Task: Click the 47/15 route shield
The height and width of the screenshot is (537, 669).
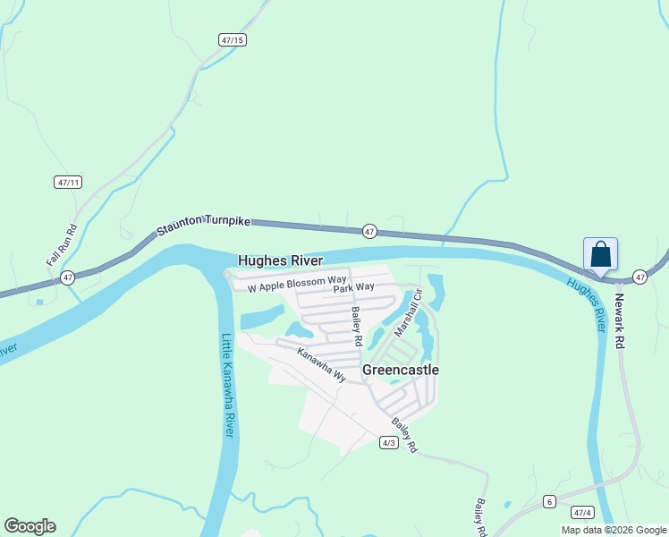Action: coord(232,40)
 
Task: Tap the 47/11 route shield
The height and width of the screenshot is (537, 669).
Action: coord(67,182)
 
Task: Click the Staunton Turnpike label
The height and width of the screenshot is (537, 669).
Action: coord(203,225)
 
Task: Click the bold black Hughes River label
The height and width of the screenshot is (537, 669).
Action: coord(280,260)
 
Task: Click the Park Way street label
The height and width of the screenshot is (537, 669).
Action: coord(353,288)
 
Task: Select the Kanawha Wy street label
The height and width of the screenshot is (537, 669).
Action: coord(321,364)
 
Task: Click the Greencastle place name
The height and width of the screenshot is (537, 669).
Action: coord(401,369)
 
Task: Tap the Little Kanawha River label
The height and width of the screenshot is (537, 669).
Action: coord(227,385)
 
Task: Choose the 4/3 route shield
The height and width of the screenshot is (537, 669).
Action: coord(388,443)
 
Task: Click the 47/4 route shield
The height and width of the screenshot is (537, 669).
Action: coord(582,513)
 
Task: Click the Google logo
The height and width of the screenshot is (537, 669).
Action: coord(30,526)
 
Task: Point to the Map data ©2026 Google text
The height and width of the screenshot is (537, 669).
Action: coord(614,530)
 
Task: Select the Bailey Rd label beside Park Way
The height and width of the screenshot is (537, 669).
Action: coord(357,326)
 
